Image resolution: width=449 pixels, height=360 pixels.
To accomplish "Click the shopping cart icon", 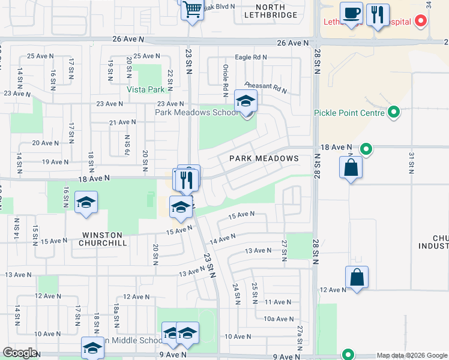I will (x=192, y=9).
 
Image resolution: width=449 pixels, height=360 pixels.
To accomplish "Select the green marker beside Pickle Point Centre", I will (x=394, y=112).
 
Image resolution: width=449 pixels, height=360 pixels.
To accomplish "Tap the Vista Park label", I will (x=145, y=89).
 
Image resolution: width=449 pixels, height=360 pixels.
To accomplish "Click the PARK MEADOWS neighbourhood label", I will (x=264, y=158).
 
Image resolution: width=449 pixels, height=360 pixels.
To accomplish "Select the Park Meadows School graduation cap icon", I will (x=245, y=101).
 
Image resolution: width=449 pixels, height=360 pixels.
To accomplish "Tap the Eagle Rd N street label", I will (x=251, y=57).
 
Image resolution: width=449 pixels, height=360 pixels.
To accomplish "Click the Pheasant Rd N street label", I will (x=265, y=88).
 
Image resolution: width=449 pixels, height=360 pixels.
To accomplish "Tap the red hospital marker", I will (x=421, y=22).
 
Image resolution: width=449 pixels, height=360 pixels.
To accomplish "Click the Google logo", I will (x=20, y=353).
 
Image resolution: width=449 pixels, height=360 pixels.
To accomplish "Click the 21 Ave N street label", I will (x=122, y=122).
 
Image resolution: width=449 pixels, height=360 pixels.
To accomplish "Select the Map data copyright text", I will (x=411, y=355).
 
